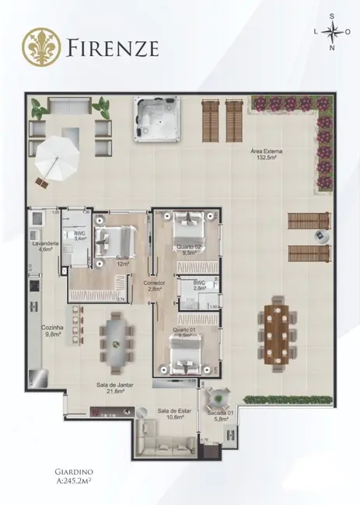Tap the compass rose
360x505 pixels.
pos(333,32)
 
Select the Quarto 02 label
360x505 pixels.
pos(190,249)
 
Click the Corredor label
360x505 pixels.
pos(153,286)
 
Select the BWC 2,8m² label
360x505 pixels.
pos(199,286)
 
